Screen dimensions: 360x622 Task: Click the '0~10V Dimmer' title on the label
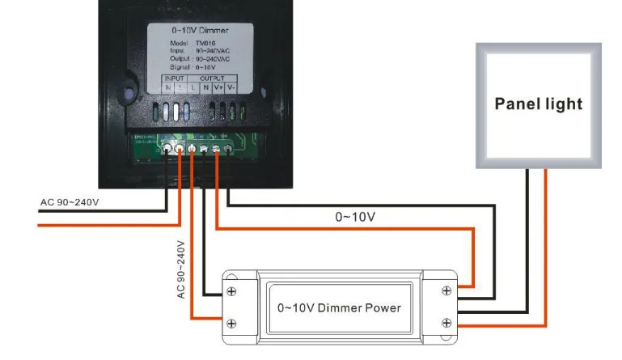point(199,29)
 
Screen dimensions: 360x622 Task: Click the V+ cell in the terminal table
point(218,87)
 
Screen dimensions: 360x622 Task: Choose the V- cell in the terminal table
point(231,87)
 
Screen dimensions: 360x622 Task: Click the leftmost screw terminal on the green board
point(167,149)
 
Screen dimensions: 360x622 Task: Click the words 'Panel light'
point(538,104)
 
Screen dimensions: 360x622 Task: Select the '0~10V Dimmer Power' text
point(339,307)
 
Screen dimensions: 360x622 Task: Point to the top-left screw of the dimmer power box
point(232,290)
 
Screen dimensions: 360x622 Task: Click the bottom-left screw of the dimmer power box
point(232,324)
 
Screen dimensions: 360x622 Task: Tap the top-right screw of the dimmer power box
point(446,290)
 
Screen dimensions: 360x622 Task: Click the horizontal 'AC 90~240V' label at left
point(70,201)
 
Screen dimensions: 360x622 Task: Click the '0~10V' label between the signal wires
point(355,217)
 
